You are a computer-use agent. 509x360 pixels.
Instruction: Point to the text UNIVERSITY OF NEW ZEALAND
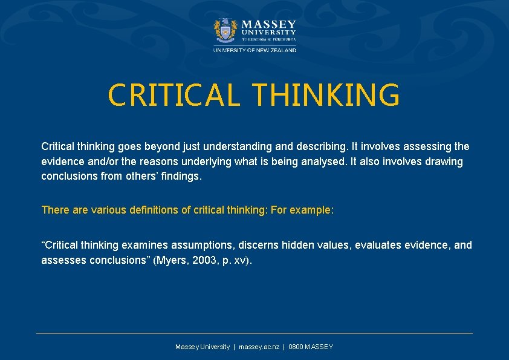click(254, 50)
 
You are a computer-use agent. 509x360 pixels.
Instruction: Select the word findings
click(182, 177)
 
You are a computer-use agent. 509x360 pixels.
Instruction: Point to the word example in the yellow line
click(313, 210)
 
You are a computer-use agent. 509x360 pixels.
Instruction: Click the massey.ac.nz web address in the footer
click(259, 347)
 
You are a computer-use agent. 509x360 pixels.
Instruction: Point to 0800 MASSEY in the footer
click(311, 347)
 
